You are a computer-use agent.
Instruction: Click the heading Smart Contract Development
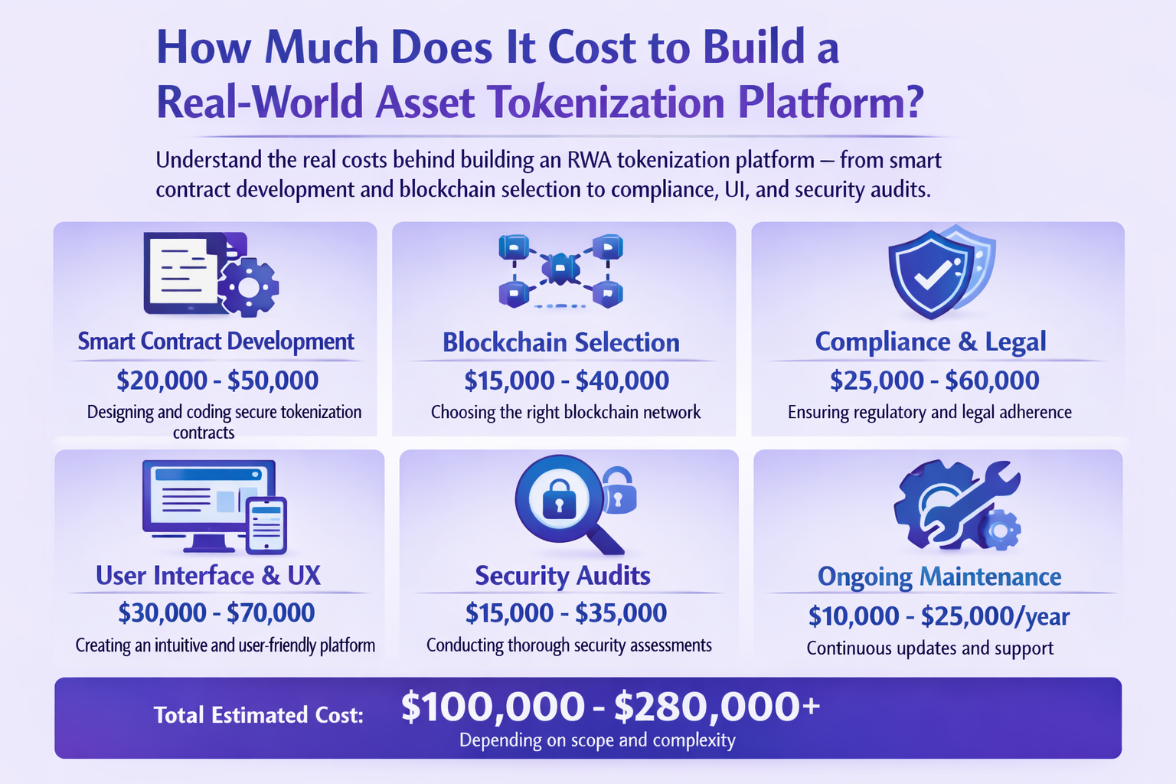coord(216,341)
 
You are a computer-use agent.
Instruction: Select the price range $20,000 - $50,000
coord(217,381)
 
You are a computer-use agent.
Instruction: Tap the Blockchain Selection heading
coord(561,342)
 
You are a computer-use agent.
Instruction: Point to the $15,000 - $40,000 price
coord(567,381)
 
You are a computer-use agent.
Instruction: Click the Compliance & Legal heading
coord(930,341)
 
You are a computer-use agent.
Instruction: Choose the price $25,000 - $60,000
coord(934,381)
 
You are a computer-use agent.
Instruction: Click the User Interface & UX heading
coord(208,576)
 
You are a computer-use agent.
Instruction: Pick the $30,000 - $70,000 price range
coord(216,612)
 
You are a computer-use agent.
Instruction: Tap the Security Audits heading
coord(563,576)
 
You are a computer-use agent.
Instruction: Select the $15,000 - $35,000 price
coord(566,612)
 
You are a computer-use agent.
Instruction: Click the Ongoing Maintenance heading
coord(939,577)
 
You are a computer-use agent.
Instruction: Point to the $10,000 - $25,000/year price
coord(939,616)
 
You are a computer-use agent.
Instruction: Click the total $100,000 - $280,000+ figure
coord(609,706)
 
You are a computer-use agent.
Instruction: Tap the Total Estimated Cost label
coord(259,715)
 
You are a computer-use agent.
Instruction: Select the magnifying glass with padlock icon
coord(563,501)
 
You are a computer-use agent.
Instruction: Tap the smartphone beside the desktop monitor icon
coord(266,524)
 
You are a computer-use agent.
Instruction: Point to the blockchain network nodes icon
coord(560,269)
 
